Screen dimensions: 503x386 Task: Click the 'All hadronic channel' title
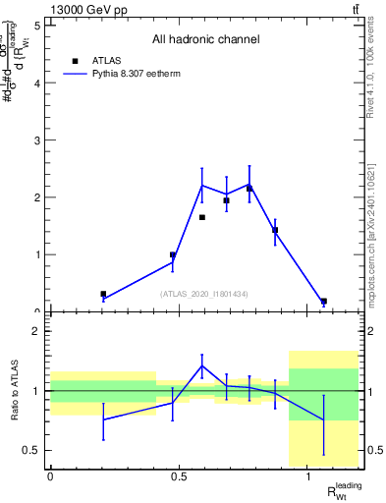[205, 40]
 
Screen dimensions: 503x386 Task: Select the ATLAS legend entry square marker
[75, 61]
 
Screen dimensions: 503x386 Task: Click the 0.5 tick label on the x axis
[180, 477]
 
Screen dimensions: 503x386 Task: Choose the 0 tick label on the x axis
[50, 477]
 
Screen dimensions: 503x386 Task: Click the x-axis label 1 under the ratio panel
[309, 477]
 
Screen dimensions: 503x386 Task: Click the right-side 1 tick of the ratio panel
[372, 391]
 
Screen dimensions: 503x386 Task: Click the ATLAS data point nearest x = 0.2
[103, 294]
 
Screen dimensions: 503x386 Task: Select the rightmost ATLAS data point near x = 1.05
[323, 301]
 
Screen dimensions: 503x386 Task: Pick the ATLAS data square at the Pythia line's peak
[249, 188]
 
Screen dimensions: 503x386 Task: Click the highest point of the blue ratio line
[201, 365]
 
